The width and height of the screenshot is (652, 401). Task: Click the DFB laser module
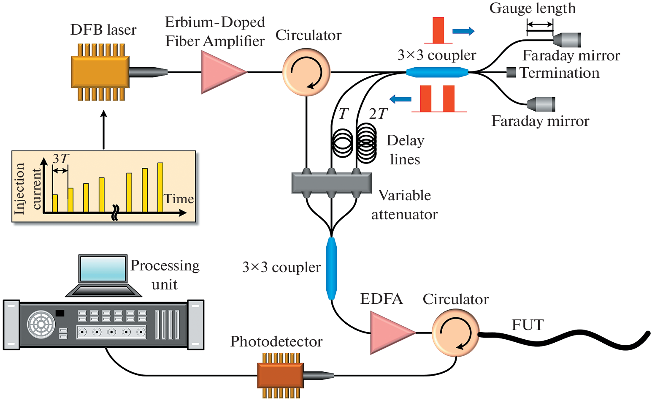coord(100,72)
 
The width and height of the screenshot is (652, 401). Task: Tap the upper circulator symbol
coord(306,72)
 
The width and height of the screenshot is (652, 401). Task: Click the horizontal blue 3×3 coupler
coord(437,72)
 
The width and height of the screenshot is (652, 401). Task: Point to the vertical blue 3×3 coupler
coord(332,268)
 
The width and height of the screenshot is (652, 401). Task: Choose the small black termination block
coord(511,72)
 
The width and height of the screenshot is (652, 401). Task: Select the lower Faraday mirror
coord(541,104)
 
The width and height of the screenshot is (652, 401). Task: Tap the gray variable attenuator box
coord(332,183)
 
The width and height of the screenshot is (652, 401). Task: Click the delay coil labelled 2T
coord(366,143)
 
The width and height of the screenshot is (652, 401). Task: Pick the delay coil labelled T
coord(343,143)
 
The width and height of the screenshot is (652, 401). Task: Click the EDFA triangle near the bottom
coord(390,333)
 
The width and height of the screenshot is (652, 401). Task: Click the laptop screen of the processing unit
coord(103,269)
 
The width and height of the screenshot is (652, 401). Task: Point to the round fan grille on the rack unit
coord(41,325)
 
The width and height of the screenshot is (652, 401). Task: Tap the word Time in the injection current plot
coord(179,199)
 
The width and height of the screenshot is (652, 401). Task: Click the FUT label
coord(528,325)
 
